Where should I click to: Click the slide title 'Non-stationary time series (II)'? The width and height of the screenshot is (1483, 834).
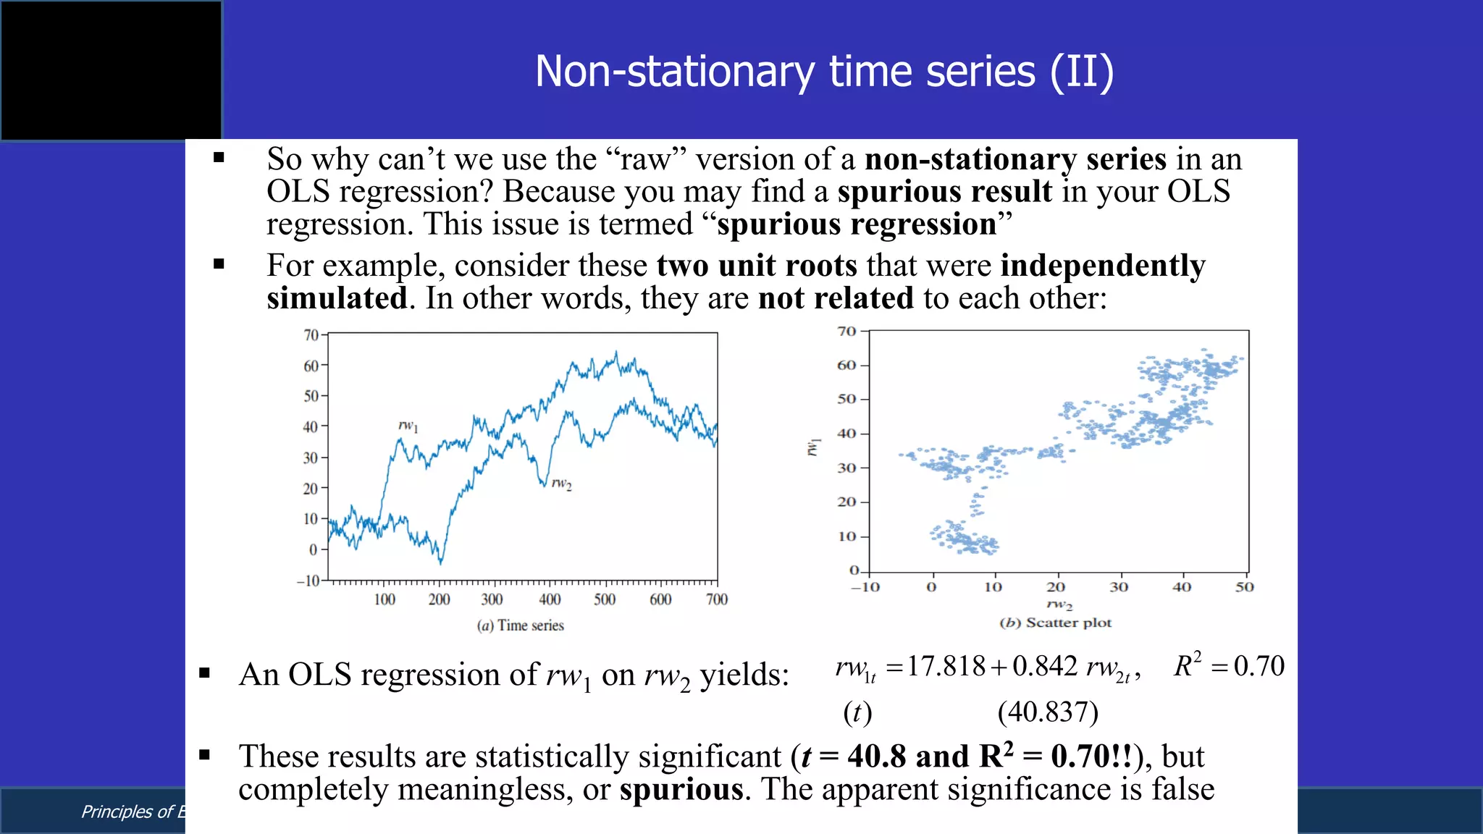pos(824,72)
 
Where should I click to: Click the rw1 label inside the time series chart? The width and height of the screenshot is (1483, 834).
pos(408,426)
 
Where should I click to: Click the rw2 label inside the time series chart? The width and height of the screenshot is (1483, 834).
pos(561,483)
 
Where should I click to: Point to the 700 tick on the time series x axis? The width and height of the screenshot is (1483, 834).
pos(716,599)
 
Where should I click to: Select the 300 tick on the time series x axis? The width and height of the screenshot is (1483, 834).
pos(492,599)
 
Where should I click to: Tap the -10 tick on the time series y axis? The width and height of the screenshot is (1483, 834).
pos(308,581)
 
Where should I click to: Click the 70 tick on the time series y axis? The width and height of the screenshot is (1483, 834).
pos(311,335)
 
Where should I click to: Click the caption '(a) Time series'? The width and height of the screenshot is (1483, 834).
pos(520,625)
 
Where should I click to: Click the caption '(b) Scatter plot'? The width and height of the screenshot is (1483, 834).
pos(1055,623)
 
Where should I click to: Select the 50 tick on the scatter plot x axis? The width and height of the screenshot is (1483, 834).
pos(1244,587)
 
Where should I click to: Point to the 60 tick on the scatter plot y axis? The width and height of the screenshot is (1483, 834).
pos(846,365)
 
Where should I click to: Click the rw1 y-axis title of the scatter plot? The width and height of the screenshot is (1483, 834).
pos(814,447)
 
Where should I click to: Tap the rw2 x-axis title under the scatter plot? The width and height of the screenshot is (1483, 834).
pos(1059,604)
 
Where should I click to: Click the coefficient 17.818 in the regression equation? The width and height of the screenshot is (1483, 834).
pos(946,666)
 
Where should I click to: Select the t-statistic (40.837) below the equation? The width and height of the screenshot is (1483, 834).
pos(1047,712)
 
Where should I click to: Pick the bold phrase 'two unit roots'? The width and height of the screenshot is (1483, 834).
pos(757,266)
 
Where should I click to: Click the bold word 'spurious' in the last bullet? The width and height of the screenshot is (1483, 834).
pos(681,789)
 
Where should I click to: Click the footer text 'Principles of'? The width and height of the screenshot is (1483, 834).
pos(127,812)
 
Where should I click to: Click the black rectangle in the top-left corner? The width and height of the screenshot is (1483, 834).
pos(111,70)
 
